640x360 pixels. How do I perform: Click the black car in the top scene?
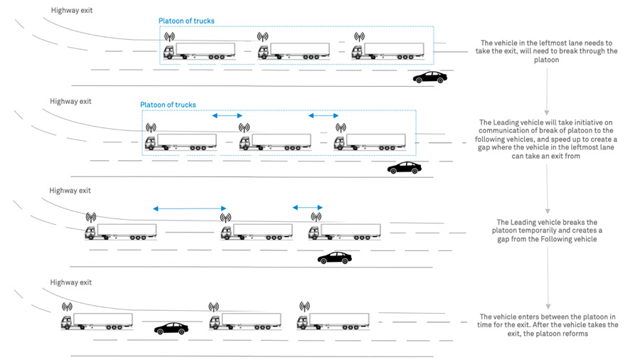tap(430, 77)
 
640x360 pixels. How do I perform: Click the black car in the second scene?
tap(404, 168)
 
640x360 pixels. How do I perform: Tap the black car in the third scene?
tap(334, 258)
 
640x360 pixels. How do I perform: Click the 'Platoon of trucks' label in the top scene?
tap(186, 21)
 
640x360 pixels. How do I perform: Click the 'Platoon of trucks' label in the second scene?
tap(168, 105)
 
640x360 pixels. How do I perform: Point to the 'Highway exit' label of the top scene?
tap(72, 10)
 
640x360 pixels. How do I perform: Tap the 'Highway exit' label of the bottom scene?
tap(70, 282)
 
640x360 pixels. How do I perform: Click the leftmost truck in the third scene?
tap(121, 232)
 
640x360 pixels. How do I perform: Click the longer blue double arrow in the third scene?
tap(189, 208)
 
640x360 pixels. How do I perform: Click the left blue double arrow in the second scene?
tap(228, 115)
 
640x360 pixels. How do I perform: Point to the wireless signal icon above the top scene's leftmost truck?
tap(169, 36)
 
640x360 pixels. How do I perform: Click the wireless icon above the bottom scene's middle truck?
tap(213, 307)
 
